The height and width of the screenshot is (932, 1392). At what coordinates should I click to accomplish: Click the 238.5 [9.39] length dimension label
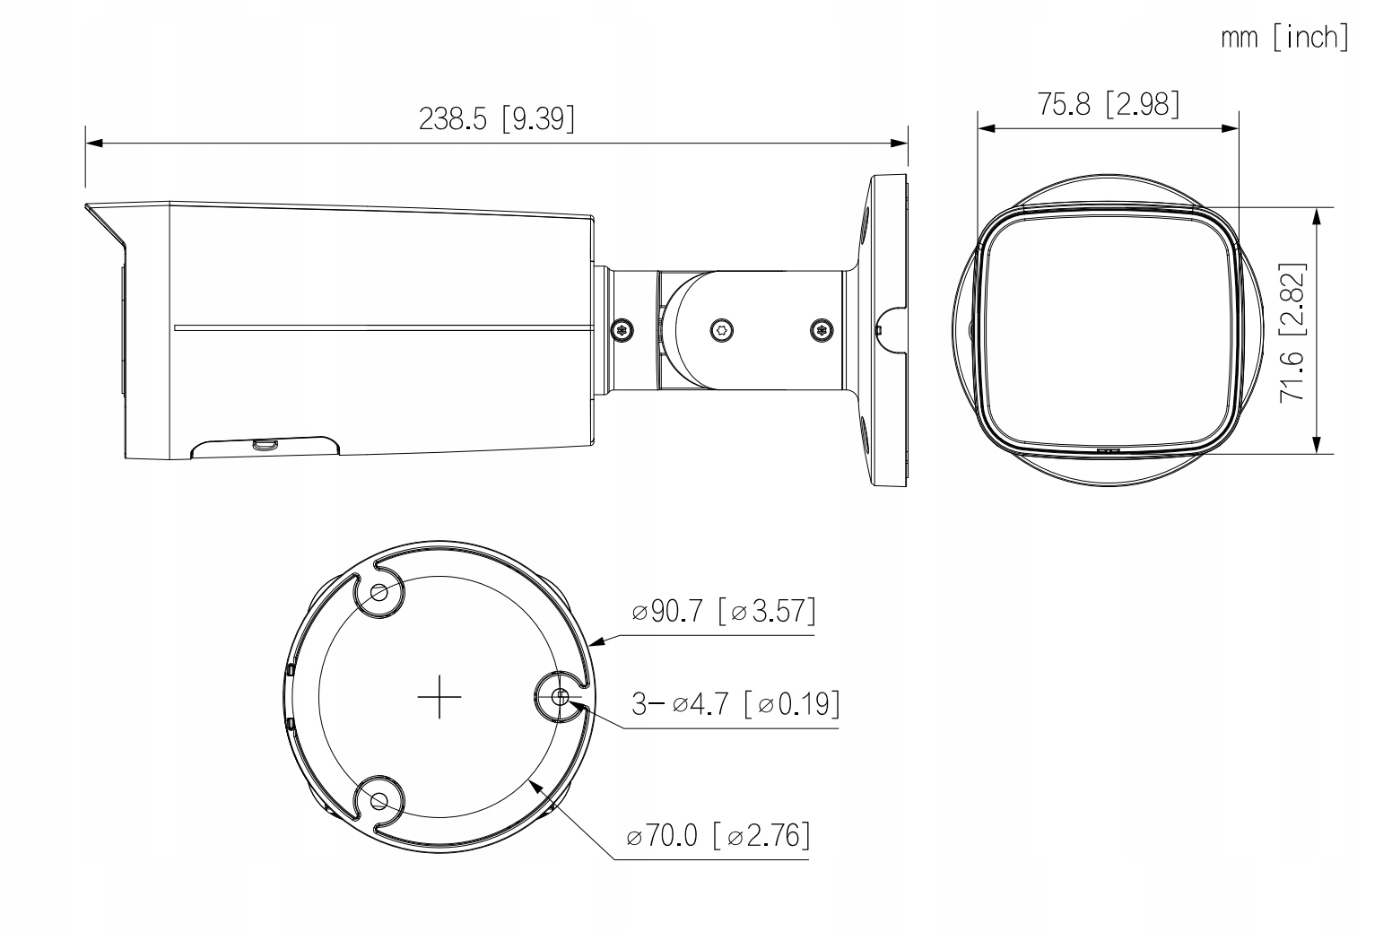point(496,118)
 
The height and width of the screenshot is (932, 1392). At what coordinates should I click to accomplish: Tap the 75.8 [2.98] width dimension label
point(1109,104)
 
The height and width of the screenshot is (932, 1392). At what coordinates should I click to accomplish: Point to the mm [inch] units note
point(1283,38)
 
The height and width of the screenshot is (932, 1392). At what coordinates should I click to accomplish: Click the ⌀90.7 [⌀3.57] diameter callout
point(723,612)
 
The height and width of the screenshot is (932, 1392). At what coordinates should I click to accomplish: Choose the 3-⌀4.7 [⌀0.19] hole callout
point(735,704)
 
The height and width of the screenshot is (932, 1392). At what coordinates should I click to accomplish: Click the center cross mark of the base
point(439,696)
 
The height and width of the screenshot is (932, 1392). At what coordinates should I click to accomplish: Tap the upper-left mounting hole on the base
point(379,592)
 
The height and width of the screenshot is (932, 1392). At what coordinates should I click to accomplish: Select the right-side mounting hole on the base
point(561,696)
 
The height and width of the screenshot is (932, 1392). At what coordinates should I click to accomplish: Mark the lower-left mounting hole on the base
point(378,800)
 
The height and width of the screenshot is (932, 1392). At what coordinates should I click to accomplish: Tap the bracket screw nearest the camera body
point(623,329)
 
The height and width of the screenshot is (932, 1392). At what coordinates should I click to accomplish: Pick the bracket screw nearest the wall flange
point(819,329)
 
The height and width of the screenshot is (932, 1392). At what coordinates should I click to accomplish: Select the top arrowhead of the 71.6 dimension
point(1316,216)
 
